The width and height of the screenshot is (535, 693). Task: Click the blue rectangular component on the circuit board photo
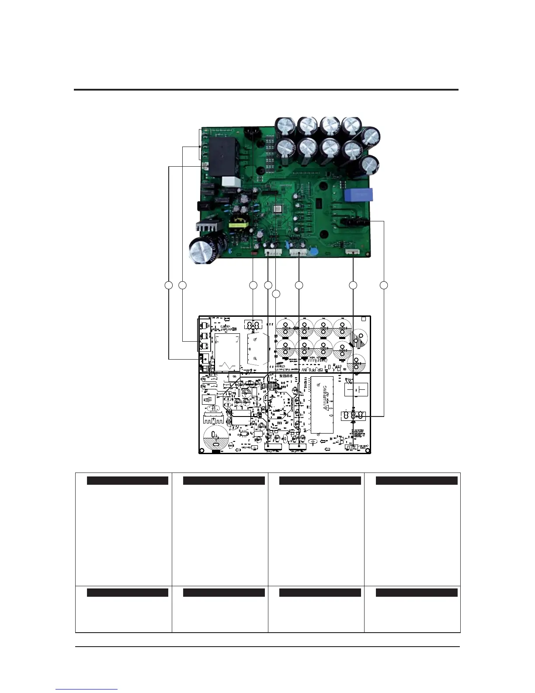pyautogui.click(x=359, y=195)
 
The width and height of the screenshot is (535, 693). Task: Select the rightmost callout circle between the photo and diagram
pyautogui.click(x=384, y=286)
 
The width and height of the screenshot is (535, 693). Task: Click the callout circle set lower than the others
pyautogui.click(x=276, y=294)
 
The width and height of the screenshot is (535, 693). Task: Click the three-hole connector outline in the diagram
pyautogui.click(x=353, y=415)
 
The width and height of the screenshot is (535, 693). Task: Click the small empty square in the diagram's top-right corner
pyautogui.click(x=364, y=319)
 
